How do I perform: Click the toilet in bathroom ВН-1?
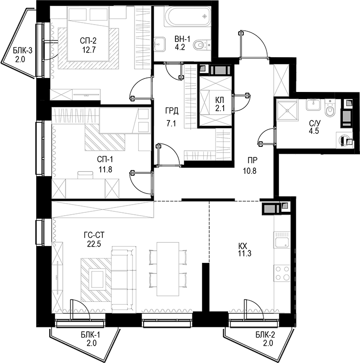click(x=200, y=46)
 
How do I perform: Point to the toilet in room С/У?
click(x=330, y=111)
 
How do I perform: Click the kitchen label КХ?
click(x=244, y=246)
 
